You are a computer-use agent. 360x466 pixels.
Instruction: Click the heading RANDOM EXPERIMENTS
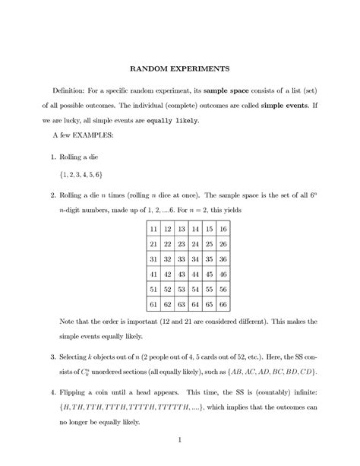[x=180, y=68]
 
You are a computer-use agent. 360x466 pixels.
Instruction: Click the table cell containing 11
[x=153, y=228]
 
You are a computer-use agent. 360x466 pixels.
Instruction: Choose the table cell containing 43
[x=181, y=274]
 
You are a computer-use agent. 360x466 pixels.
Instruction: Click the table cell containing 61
[x=153, y=304]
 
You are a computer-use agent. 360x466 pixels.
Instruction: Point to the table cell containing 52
[x=167, y=289]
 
